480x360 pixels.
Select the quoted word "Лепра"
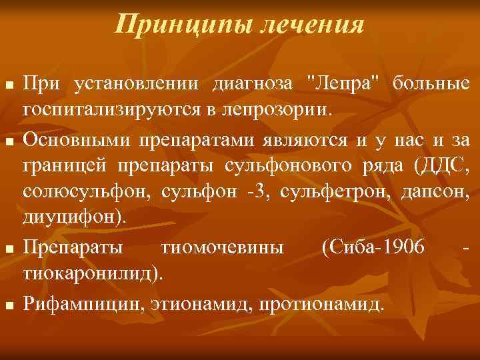click(x=344, y=84)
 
